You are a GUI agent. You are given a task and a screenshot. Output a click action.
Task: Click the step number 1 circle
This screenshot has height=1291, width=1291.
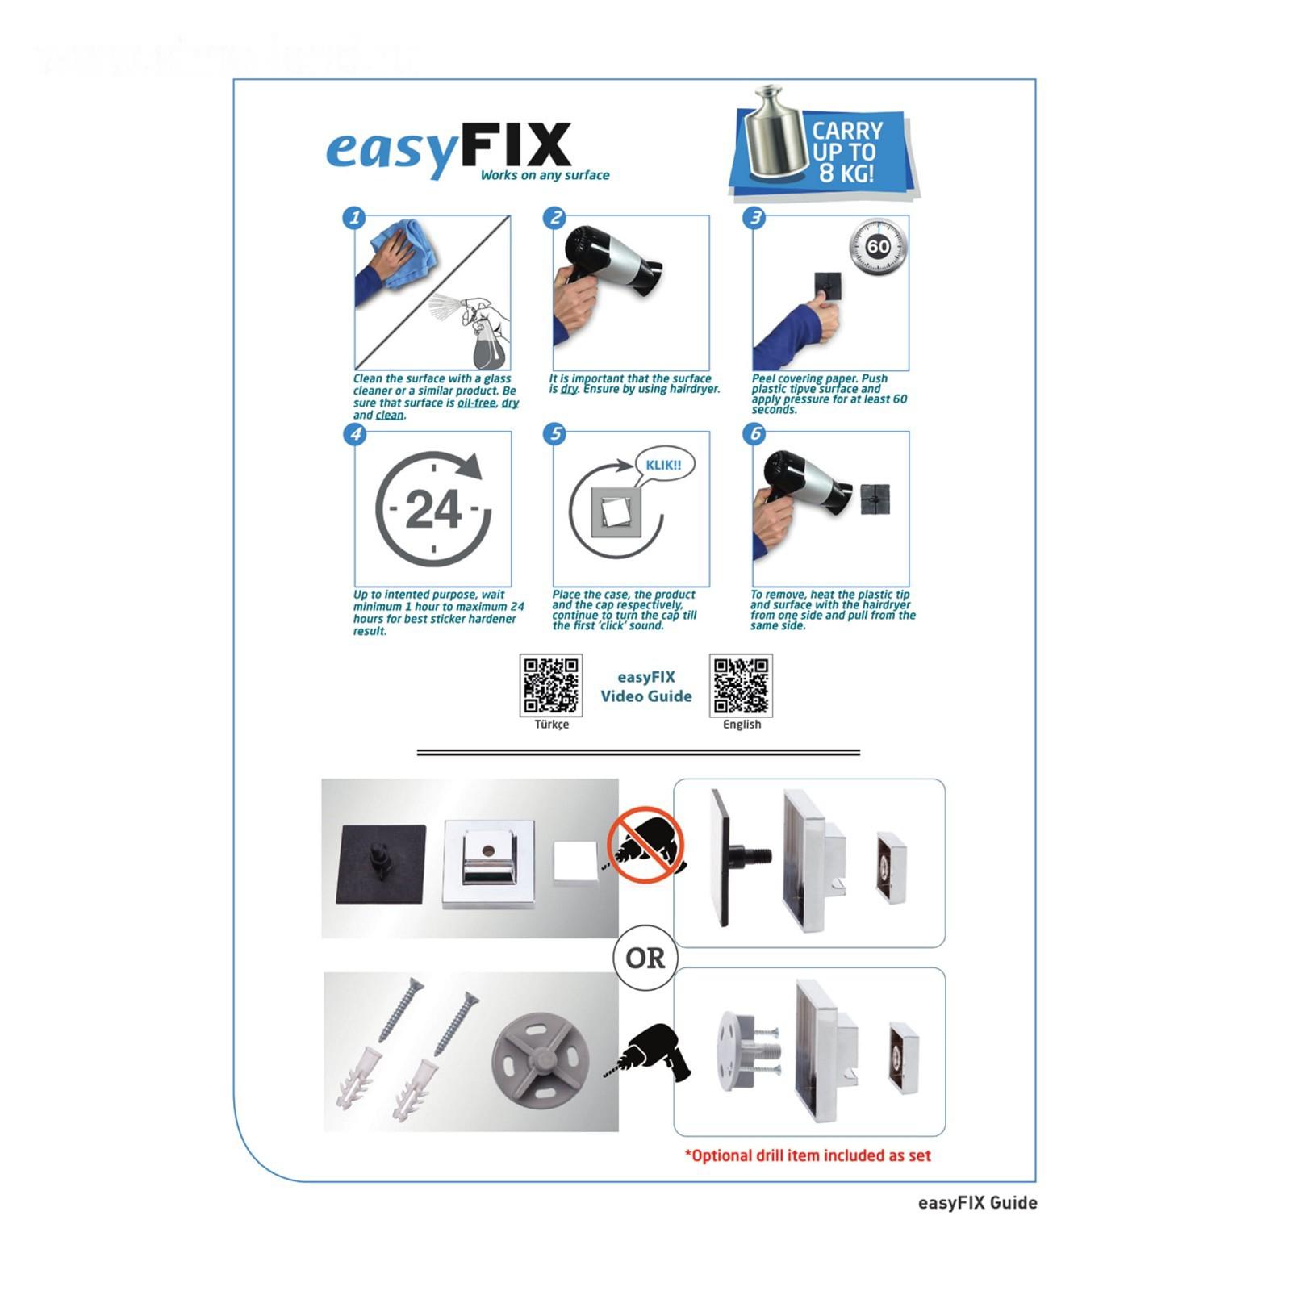[354, 218]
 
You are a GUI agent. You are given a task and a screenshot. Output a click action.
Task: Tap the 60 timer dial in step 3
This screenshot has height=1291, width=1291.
[878, 246]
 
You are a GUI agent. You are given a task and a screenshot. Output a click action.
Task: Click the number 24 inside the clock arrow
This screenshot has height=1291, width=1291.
[433, 510]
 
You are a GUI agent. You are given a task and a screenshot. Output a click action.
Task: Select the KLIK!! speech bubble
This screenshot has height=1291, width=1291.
[663, 466]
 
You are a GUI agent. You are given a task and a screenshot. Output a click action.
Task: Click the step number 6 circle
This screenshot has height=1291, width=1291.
[754, 434]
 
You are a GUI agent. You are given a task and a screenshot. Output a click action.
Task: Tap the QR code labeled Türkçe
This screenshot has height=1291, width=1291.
[551, 686]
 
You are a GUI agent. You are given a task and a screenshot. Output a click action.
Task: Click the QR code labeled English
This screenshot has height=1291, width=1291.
[741, 686]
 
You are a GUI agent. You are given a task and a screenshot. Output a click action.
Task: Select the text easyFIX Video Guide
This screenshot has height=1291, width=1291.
[646, 687]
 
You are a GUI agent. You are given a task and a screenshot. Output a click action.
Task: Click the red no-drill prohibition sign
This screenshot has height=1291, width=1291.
[645, 846]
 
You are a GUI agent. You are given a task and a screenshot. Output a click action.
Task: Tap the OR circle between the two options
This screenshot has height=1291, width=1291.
[645, 958]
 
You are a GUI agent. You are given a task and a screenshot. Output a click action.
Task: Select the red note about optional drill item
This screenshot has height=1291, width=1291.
[808, 1155]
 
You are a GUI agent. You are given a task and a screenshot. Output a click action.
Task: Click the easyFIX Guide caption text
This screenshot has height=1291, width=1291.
[977, 1202]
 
